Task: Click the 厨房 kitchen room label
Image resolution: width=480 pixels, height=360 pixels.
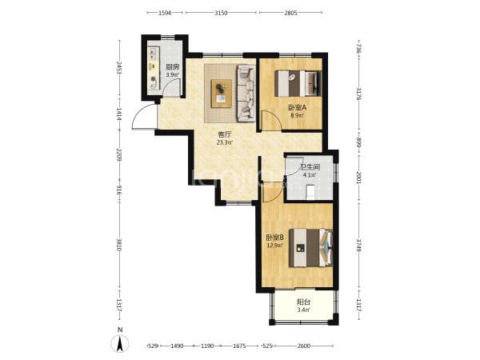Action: [172, 67]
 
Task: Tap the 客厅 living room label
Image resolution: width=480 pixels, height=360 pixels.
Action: [224, 134]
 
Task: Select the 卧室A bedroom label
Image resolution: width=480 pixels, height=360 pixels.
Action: [297, 108]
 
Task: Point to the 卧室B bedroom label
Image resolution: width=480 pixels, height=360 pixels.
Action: [275, 238]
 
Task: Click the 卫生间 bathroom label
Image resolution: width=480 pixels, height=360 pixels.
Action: [310, 167]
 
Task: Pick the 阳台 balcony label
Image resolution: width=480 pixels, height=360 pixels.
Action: [304, 302]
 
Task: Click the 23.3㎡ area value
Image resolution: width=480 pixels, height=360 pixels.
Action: [224, 142]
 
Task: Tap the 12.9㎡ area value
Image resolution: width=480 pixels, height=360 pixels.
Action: [275, 246]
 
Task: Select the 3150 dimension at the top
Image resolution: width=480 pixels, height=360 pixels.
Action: [221, 13]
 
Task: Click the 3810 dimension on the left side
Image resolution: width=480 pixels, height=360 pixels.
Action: [119, 245]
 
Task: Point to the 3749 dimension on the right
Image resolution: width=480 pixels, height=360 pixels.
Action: [359, 246]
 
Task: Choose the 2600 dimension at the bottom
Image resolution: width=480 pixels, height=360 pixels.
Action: [304, 346]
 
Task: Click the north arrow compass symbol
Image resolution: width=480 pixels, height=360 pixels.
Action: [121, 343]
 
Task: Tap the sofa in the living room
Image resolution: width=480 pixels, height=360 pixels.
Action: [246, 93]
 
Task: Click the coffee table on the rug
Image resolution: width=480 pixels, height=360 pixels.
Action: [222, 94]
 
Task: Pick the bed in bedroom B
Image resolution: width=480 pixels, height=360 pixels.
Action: [310, 248]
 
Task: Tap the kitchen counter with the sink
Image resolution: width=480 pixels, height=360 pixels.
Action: [154, 68]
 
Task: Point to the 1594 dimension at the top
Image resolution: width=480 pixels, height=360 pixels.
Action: [165, 13]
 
